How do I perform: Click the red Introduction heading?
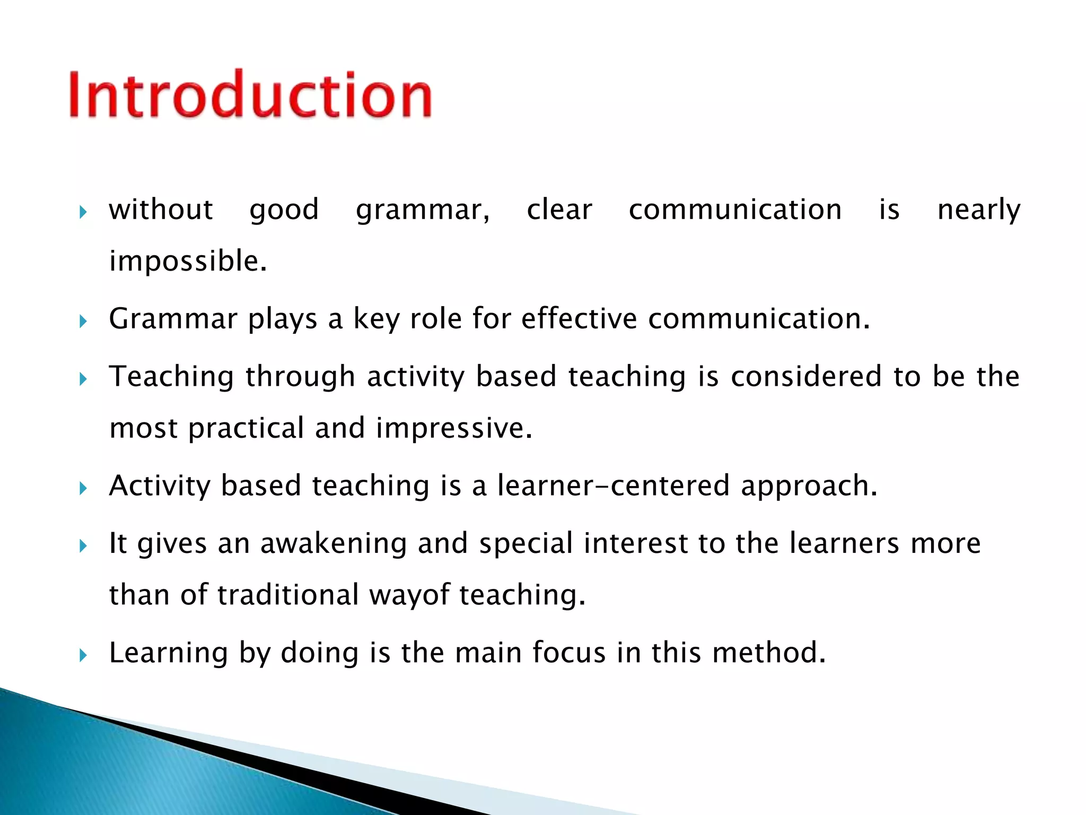pos(250,94)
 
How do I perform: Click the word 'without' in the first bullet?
pos(161,209)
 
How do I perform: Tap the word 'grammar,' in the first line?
pos(423,210)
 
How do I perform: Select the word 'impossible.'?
pos(188,261)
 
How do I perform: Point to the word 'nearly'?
pos(978,210)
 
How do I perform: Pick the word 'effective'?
pos(579,319)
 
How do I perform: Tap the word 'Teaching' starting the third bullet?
pos(171,377)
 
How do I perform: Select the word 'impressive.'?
pos(454,428)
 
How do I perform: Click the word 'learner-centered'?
pos(613,485)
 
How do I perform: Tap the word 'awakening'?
pos(333,544)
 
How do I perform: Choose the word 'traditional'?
pos(288,595)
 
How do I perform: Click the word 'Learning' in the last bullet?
pos(168,653)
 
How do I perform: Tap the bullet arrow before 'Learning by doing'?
pos(83,655)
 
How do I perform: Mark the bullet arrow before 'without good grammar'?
pos(83,212)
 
